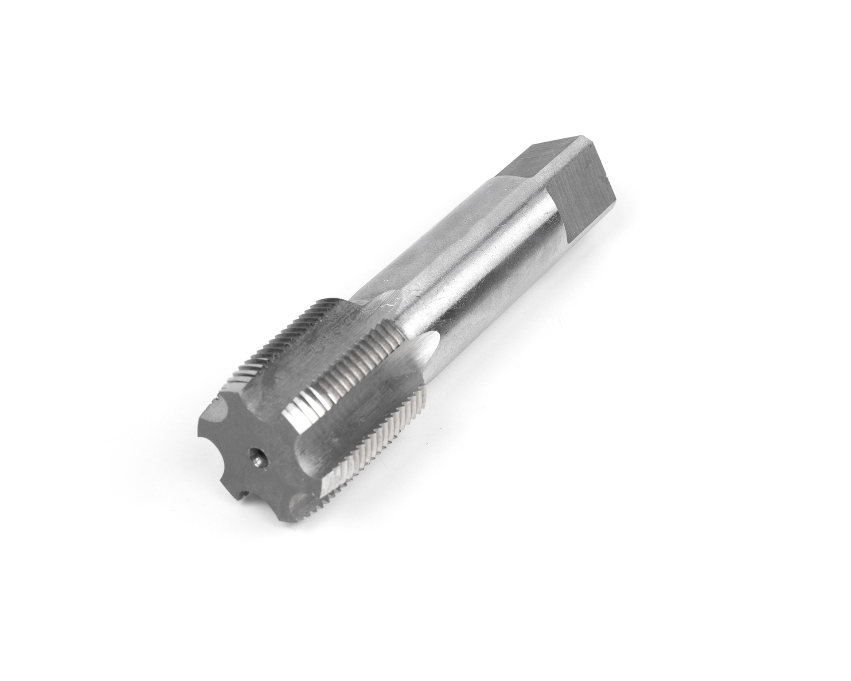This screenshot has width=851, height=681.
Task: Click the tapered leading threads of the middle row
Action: tap(306, 401)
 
